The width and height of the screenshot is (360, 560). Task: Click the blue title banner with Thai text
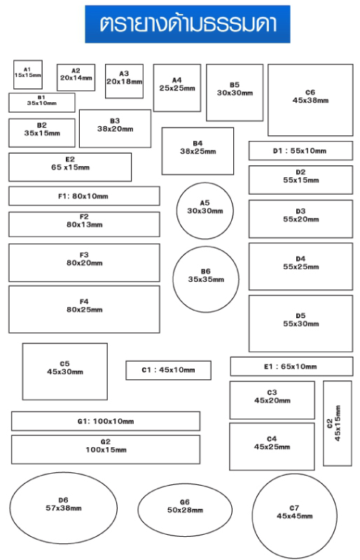(187, 24)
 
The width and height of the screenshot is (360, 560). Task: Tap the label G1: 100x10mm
(106, 421)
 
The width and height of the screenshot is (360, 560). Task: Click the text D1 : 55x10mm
(300, 151)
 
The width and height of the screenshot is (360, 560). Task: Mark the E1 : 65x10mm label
(291, 367)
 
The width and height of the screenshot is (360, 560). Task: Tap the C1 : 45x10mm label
(168, 370)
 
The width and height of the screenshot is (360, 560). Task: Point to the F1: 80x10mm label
(83, 196)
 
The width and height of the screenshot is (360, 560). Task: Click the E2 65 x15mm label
(70, 163)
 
